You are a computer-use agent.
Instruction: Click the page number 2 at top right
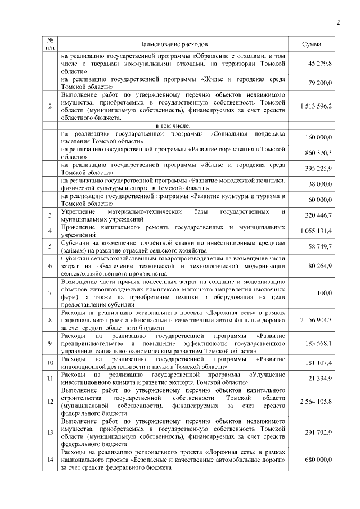(x=338, y=22)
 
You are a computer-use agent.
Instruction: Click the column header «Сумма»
(x=312, y=44)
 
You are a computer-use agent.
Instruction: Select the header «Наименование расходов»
(x=173, y=44)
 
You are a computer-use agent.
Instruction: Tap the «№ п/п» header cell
(x=50, y=44)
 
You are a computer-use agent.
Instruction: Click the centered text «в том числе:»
(x=173, y=125)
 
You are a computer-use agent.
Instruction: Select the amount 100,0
(x=324, y=292)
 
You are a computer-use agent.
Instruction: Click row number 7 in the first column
(x=50, y=292)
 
